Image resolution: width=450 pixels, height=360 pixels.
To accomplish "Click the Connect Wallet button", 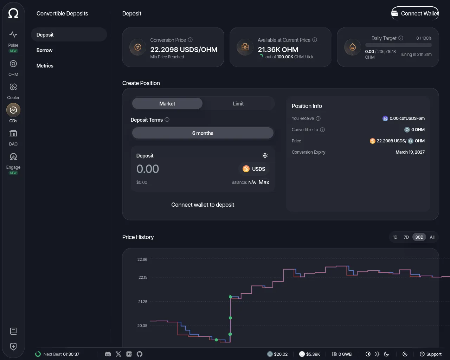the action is tap(415, 13).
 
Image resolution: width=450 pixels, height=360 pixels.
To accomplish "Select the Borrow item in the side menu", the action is tap(44, 50).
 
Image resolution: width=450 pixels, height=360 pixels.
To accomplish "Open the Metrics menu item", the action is tap(45, 66).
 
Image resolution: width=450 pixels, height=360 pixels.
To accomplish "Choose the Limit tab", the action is tap(238, 104).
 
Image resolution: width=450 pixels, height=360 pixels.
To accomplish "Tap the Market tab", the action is tap(167, 104).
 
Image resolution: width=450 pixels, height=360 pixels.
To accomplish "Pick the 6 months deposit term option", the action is tap(202, 133).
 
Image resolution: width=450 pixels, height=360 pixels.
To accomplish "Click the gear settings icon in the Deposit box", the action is tap(265, 155).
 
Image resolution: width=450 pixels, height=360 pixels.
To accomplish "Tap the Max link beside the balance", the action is tap(264, 182).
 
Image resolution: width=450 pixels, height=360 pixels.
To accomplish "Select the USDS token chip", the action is tap(253, 169).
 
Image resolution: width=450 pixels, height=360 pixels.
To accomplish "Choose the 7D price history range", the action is tap(406, 237).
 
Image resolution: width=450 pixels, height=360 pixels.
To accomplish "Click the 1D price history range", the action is tap(395, 237).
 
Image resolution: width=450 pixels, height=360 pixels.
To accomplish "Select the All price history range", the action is tap(432, 237).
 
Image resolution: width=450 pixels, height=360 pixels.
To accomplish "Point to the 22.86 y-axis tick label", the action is tap(142, 259).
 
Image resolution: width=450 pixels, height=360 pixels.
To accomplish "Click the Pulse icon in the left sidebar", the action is tap(13, 34).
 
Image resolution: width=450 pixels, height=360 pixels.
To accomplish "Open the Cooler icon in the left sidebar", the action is tap(13, 87).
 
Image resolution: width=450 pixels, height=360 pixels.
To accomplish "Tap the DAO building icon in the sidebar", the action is tap(13, 133).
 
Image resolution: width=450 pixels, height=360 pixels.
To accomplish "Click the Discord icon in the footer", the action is tap(108, 354).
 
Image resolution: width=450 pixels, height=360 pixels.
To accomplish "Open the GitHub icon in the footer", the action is tap(140, 354).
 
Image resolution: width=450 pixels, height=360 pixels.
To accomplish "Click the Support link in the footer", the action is tap(431, 354).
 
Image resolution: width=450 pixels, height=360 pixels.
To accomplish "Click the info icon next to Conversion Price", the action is tap(190, 40).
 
